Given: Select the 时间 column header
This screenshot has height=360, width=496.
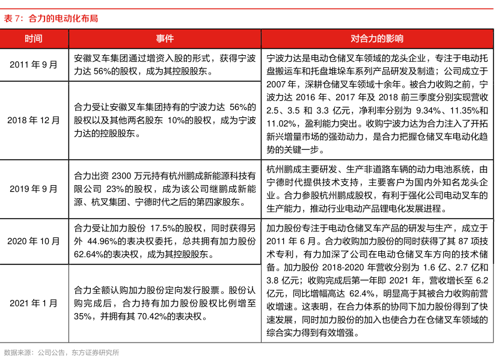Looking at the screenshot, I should pyautogui.click(x=34, y=39).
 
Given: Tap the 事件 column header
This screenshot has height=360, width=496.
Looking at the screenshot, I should pyautogui.click(x=165, y=39).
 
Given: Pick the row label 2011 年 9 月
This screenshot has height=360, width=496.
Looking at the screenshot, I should pyautogui.click(x=34, y=65).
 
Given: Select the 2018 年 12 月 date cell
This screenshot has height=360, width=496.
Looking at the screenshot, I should pyautogui.click(x=34, y=120).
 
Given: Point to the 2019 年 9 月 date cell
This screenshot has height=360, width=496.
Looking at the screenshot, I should pyautogui.click(x=34, y=189).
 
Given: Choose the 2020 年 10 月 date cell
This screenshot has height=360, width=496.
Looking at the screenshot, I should pyautogui.click(x=34, y=241).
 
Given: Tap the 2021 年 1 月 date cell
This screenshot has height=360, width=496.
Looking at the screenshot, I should pyautogui.click(x=34, y=302).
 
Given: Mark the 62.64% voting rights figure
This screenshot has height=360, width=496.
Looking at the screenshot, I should pyautogui.click(x=89, y=254).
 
